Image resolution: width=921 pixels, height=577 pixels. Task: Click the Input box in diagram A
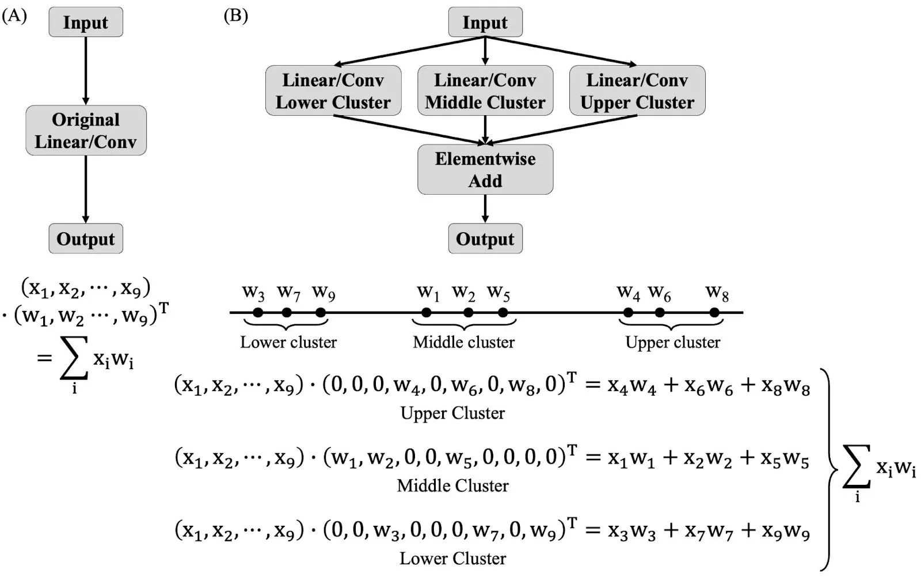[86, 22]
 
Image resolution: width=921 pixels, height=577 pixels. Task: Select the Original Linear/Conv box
[86, 131]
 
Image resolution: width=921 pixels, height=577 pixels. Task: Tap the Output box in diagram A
[86, 238]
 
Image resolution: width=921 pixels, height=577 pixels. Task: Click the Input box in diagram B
[485, 22]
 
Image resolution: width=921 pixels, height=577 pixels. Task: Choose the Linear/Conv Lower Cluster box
[333, 91]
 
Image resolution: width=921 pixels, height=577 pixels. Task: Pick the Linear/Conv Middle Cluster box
[485, 91]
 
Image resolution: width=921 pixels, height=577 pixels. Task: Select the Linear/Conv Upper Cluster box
[637, 91]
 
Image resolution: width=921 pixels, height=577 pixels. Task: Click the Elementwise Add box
[485, 170]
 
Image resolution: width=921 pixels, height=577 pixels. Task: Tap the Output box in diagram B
[485, 238]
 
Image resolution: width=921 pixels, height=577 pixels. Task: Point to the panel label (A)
[14, 16]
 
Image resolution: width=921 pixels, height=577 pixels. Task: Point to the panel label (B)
[235, 16]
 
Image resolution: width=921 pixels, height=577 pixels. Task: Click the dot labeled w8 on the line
[714, 313]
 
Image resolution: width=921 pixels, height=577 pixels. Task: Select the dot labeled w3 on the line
[258, 313]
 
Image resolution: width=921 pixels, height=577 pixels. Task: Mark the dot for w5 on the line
[503, 313]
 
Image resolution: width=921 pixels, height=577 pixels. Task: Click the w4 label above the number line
[628, 293]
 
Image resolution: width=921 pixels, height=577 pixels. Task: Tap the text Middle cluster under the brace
[464, 342]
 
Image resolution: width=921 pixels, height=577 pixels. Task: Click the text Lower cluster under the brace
[288, 342]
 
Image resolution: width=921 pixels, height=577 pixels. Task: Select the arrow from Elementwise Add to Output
[485, 208]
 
